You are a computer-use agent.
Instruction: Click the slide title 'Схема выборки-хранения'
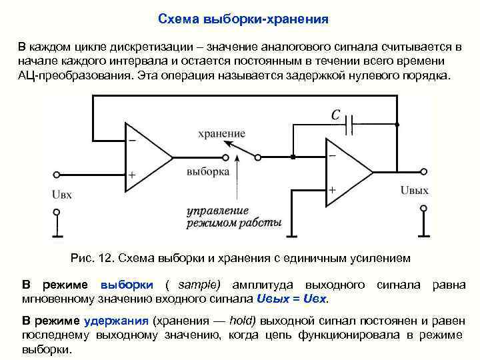point(243,19)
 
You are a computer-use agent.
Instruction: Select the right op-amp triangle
point(348,171)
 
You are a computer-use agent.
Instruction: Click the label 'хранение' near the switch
point(221,133)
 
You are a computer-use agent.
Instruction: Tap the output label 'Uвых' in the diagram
point(415,190)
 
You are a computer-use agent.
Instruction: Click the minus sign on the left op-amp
point(131,141)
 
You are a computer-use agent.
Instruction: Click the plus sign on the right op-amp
point(331,189)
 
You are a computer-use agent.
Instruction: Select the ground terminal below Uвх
point(57,223)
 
